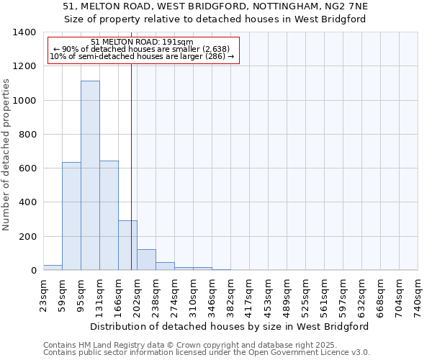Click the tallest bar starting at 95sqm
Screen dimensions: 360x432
[x=90, y=176]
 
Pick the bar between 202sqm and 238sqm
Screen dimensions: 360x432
[x=146, y=260]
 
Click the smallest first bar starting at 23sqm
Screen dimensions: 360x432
[x=53, y=267]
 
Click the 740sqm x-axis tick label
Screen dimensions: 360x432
[x=418, y=295]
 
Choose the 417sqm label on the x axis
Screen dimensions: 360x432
[x=250, y=295]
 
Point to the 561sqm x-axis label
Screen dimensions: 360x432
[x=325, y=295]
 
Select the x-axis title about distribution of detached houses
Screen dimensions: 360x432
[x=230, y=326]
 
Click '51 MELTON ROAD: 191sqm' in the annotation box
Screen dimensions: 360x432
[x=142, y=42]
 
